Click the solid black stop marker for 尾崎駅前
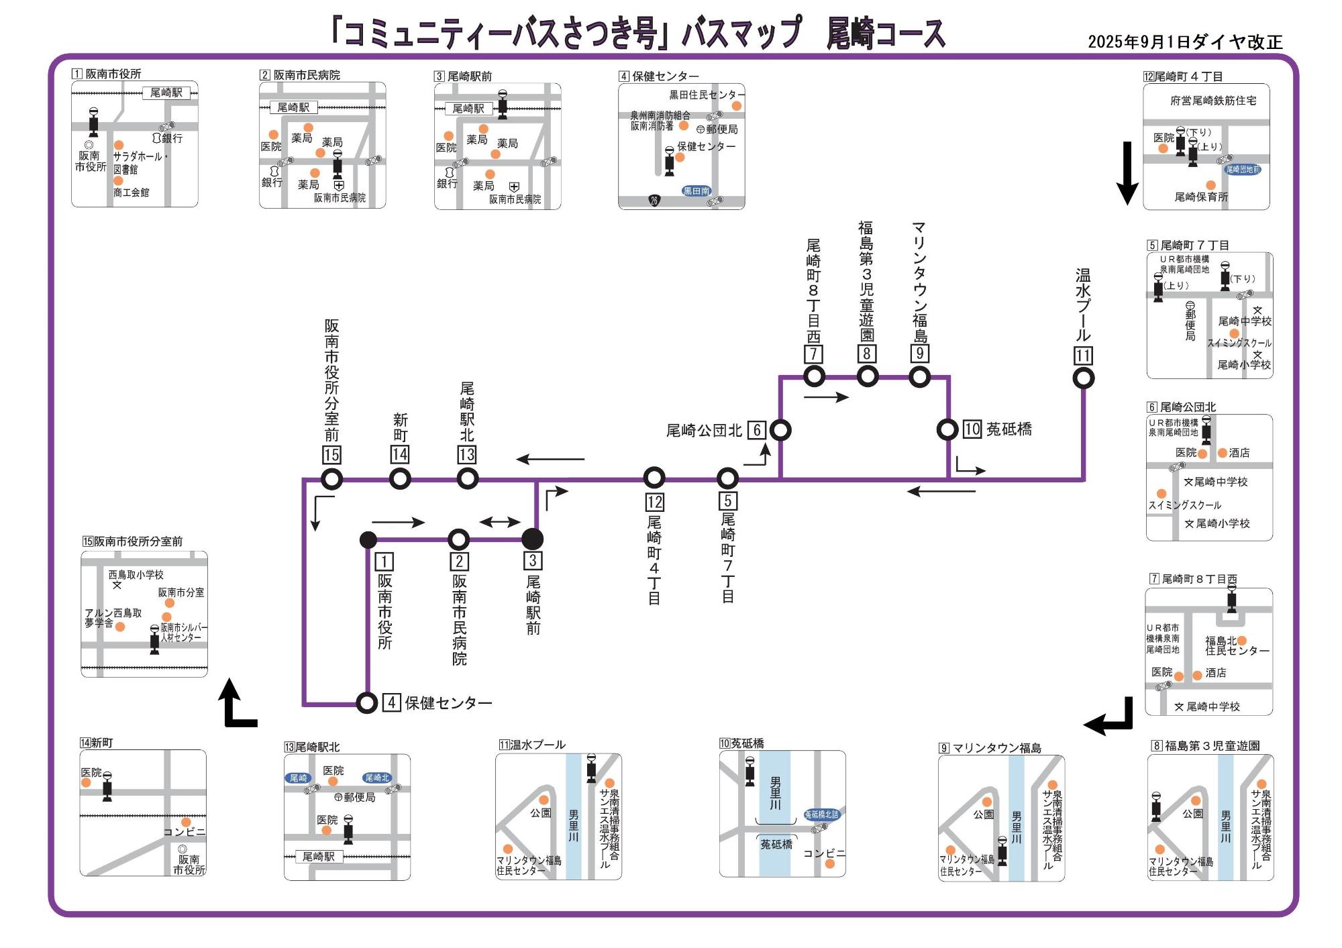coord(532,539)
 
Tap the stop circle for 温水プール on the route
coord(1084,378)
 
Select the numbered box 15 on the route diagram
coord(331,455)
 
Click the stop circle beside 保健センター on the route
coord(366,702)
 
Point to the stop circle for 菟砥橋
coord(947,429)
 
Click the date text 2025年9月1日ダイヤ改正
coord(1184,42)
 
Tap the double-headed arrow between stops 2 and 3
coord(500,522)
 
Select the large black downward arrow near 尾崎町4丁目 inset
coord(1127,173)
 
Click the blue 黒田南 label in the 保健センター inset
coord(696,191)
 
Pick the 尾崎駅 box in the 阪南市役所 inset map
coord(166,93)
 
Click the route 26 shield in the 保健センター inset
coord(654,200)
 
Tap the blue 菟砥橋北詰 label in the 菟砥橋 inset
coord(821,814)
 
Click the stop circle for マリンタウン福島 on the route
coord(919,376)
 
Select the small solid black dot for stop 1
coord(368,539)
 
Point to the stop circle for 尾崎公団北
coord(780,429)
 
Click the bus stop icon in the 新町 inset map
coord(107,787)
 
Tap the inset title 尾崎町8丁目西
coord(1198,579)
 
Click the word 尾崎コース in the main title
coord(885,34)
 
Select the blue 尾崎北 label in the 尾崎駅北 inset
coord(376,778)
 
